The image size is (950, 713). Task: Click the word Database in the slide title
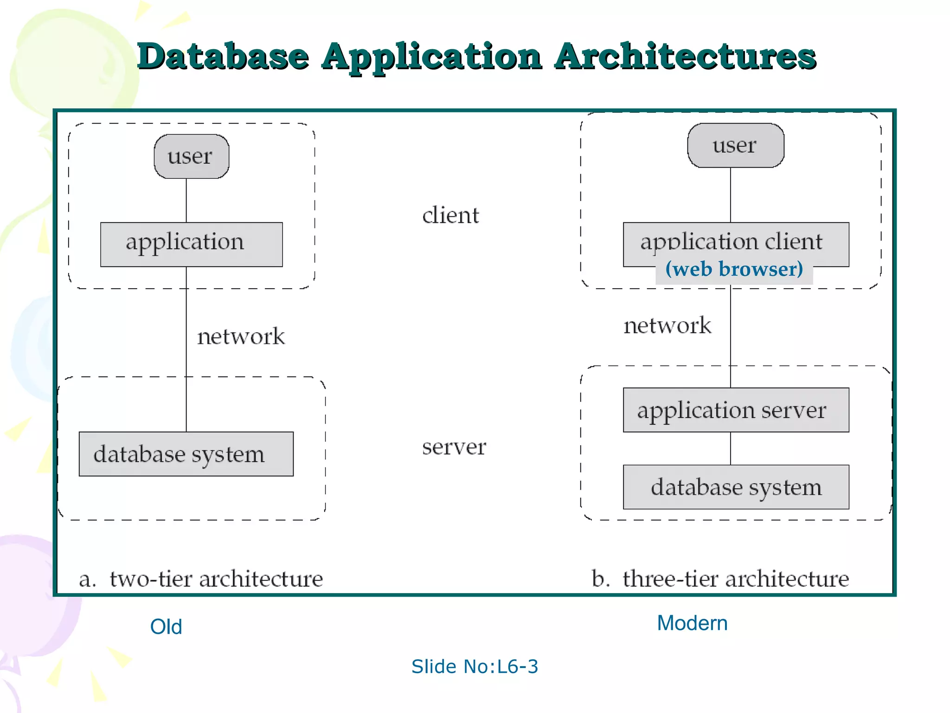(x=223, y=57)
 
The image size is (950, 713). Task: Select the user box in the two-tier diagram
(x=191, y=156)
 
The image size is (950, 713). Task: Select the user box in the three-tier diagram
(x=735, y=145)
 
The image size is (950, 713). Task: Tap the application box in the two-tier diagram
(x=191, y=244)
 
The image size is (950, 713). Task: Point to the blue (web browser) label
(x=734, y=270)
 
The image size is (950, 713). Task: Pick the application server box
(x=735, y=410)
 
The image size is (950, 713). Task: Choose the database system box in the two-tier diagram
(x=186, y=454)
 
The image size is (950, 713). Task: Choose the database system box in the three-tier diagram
(x=735, y=487)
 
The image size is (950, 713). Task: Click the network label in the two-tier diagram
(x=241, y=337)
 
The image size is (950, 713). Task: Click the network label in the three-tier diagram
(x=667, y=325)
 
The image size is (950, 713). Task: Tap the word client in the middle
(x=450, y=216)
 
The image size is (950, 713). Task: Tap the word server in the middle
(x=454, y=447)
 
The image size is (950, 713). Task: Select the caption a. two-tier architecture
(x=201, y=579)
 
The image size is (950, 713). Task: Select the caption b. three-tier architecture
(x=720, y=579)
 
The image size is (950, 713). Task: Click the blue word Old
(x=166, y=627)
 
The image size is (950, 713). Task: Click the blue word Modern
(x=692, y=623)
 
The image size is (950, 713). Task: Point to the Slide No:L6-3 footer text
(x=475, y=667)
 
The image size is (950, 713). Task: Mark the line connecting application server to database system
(x=731, y=448)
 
